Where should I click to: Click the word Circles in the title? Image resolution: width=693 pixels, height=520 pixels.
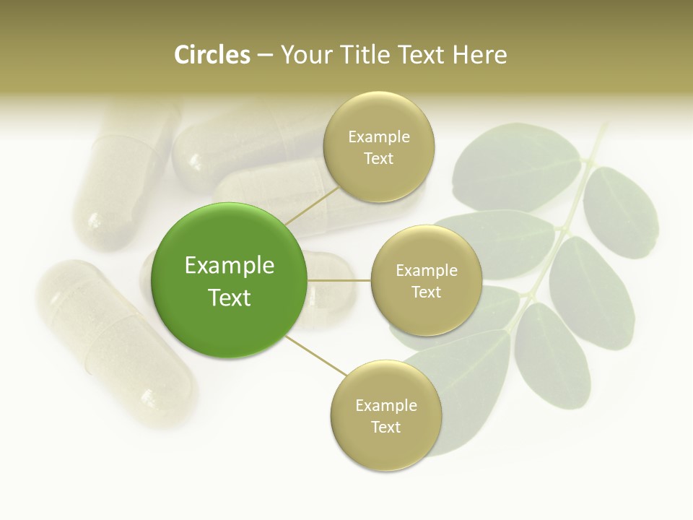click(x=212, y=55)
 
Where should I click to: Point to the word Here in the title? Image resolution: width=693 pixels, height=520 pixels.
click(x=480, y=55)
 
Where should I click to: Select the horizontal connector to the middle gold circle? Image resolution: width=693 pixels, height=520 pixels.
click(x=339, y=280)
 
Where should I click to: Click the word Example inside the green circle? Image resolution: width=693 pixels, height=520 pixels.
click(x=230, y=266)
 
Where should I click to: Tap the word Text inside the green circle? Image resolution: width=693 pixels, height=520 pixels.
click(x=230, y=298)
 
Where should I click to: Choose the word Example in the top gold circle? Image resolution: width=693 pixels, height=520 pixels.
click(x=378, y=137)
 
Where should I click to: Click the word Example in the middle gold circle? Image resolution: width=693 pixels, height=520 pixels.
click(x=426, y=271)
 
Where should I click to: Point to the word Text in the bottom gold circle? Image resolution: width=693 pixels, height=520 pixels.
click(x=385, y=427)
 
